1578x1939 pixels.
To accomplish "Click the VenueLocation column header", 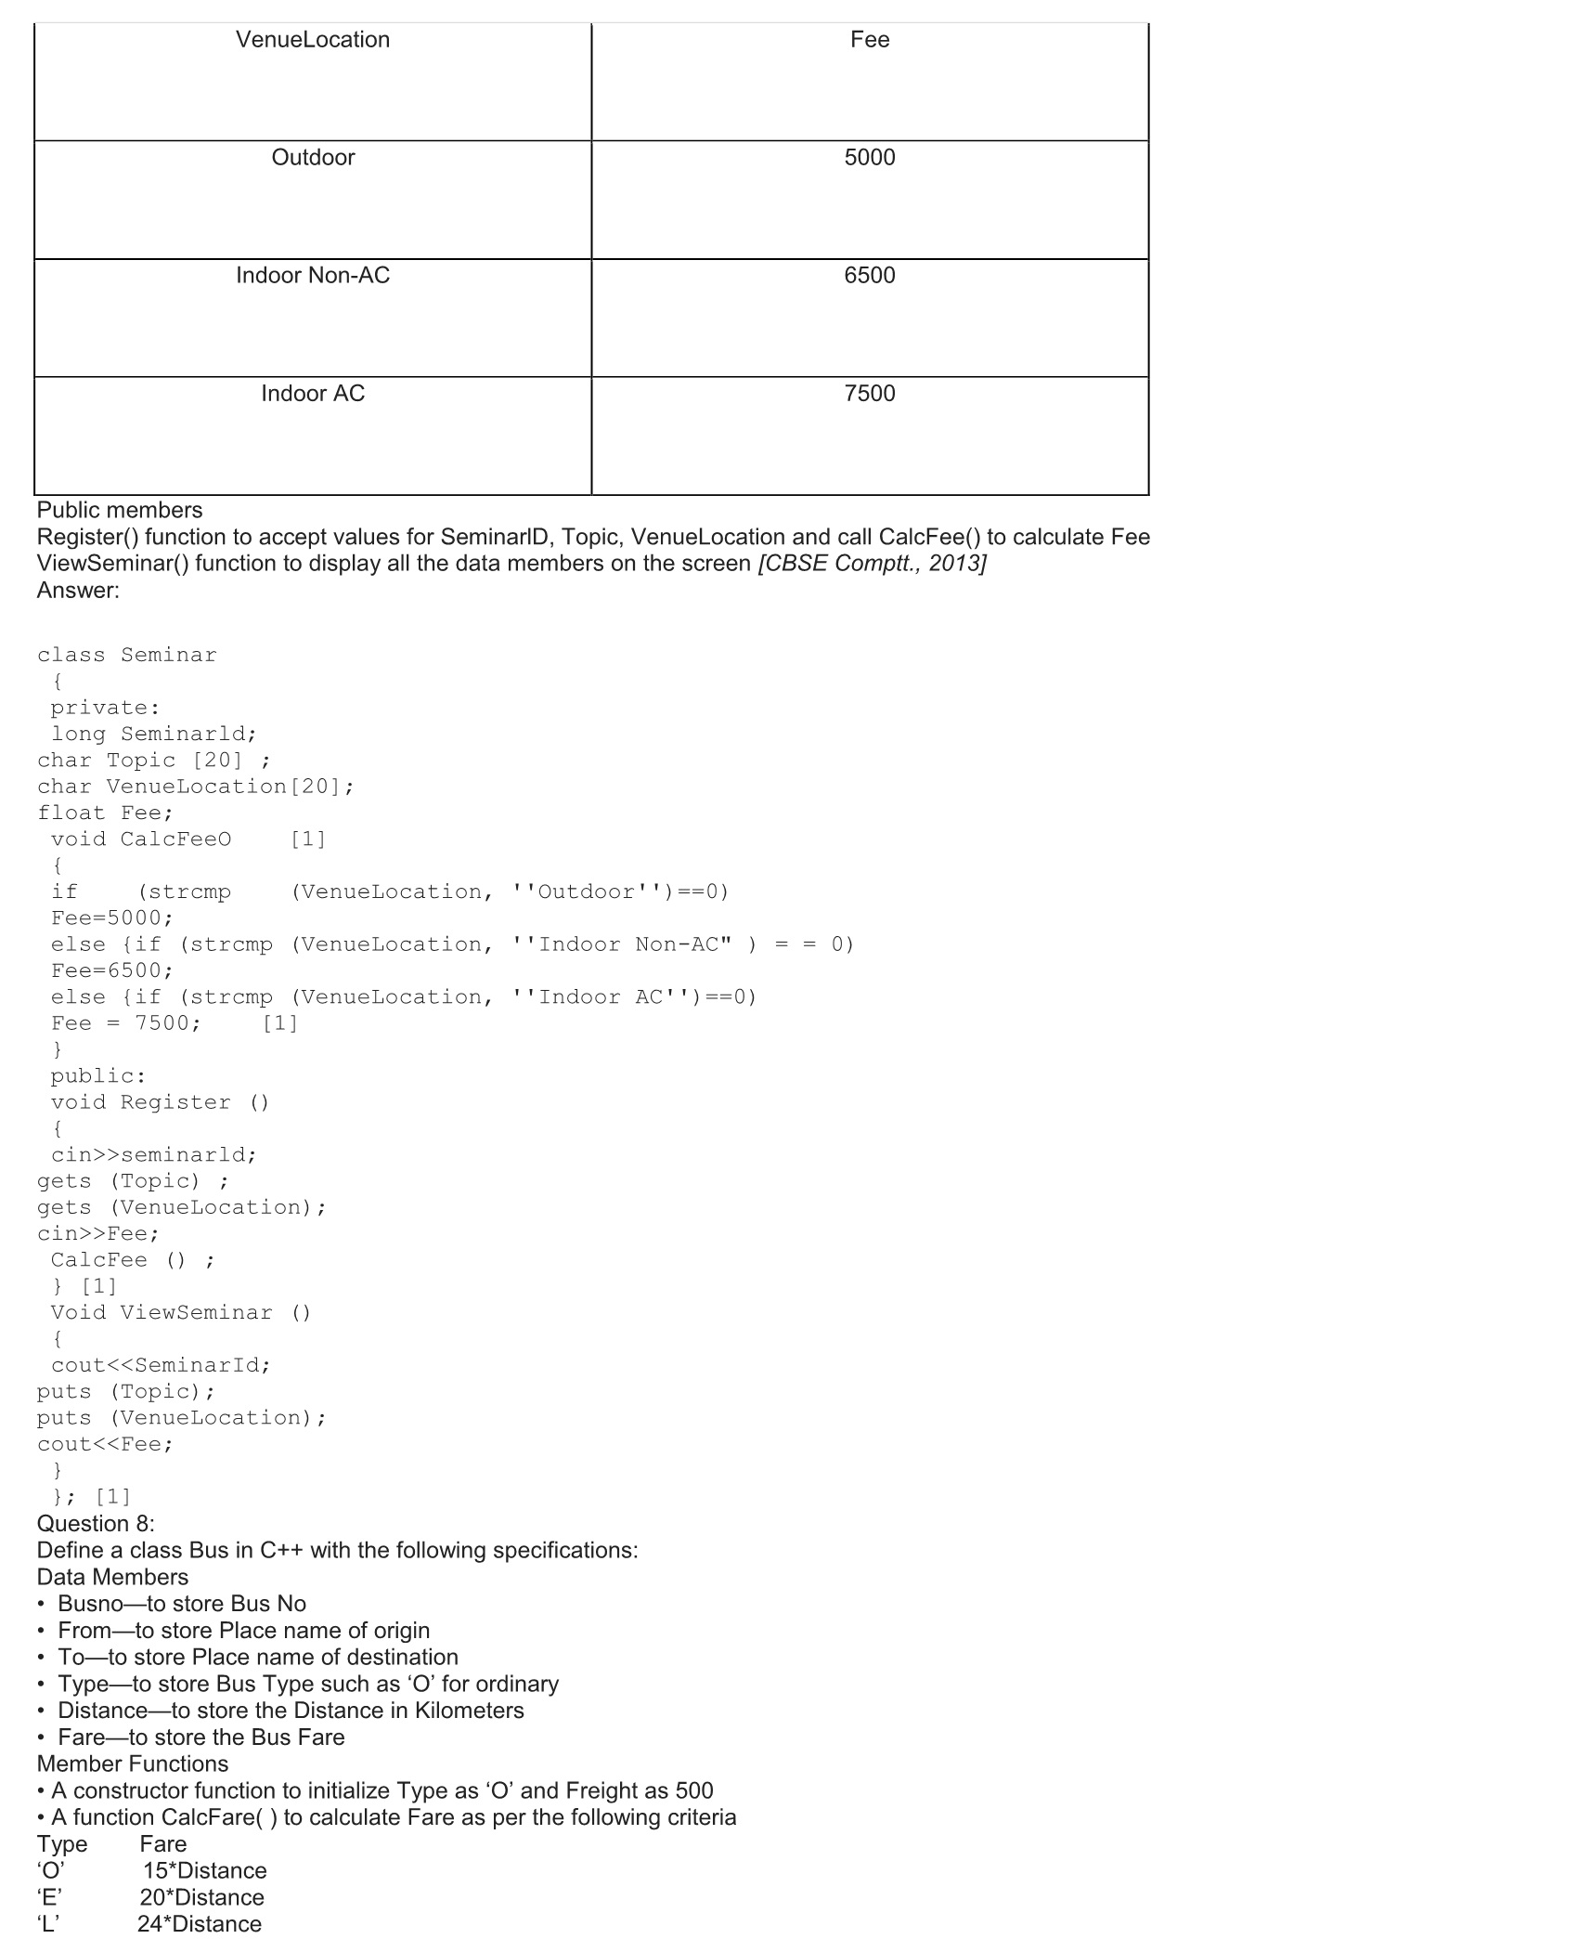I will point(313,40).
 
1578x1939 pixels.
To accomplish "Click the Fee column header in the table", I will point(870,40).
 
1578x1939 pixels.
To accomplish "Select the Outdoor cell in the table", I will point(313,158).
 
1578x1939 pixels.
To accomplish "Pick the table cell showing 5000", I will point(870,158).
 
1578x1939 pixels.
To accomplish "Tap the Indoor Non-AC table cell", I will point(313,276).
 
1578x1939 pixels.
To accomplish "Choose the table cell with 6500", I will point(870,276).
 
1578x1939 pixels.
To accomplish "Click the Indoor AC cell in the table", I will point(313,394).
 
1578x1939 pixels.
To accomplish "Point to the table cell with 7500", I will point(870,394).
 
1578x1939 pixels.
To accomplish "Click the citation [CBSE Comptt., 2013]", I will point(872,564).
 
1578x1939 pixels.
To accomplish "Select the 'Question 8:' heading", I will point(96,1524).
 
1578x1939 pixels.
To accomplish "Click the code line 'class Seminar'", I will point(127,655).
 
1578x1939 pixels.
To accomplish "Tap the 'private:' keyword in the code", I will point(105,708).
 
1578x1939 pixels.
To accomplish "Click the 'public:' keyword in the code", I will point(98,1075).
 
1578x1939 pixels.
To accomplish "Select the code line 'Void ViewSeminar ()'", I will point(181,1312).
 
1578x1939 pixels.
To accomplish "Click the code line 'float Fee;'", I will point(106,813).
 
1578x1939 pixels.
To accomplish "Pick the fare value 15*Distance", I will point(204,1871).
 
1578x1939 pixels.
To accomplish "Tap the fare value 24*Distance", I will point(200,1924).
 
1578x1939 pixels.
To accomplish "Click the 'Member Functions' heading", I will point(133,1763).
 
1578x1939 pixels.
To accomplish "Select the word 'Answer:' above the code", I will point(78,591).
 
